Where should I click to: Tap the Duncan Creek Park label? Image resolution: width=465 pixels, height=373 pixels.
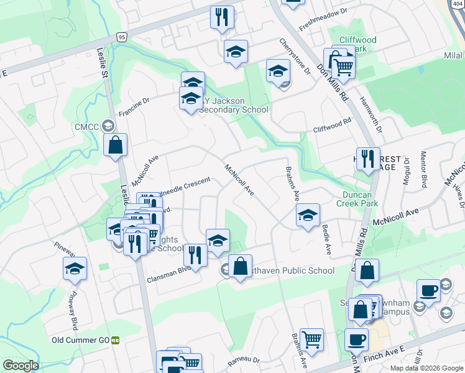pos(357,199)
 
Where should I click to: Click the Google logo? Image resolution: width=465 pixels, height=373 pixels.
pos(21,365)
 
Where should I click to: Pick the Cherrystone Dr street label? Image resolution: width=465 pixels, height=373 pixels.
pos(294,57)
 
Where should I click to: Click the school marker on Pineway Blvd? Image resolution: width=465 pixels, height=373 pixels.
pos(75,269)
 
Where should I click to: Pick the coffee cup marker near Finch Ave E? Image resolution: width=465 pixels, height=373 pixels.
pos(356,339)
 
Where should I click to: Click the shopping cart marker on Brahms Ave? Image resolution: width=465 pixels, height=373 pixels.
pos(311,339)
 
